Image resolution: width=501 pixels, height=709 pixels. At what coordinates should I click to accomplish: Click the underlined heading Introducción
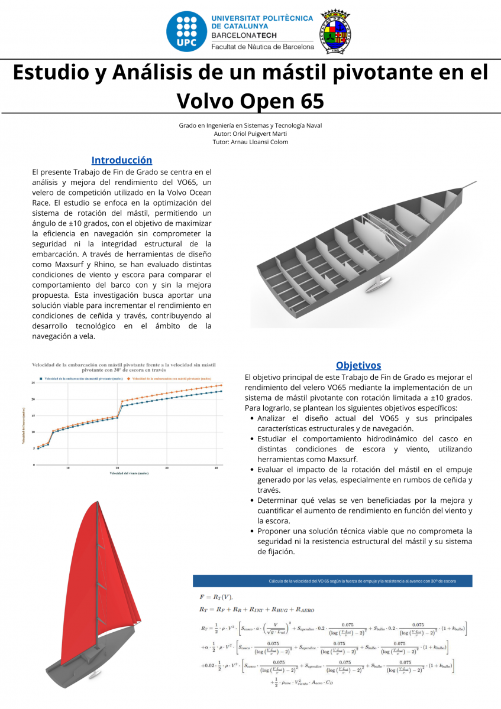pyautogui.click(x=122, y=160)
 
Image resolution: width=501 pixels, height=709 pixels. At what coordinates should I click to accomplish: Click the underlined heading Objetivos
pyautogui.click(x=358, y=365)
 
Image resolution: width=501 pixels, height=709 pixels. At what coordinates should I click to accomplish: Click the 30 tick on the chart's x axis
pyautogui.click(x=167, y=469)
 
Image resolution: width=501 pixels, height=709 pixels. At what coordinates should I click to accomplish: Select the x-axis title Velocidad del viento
pyautogui.click(x=128, y=474)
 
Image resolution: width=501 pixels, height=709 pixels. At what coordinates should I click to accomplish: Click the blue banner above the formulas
pyautogui.click(x=332, y=581)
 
